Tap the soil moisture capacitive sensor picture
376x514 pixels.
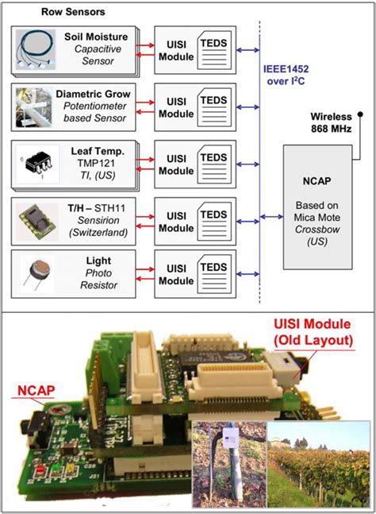pyautogui.click(x=36, y=50)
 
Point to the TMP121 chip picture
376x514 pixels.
pyautogui.click(x=37, y=161)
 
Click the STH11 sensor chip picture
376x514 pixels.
pyautogui.click(x=36, y=216)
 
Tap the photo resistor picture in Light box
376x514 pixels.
pyautogui.click(x=37, y=270)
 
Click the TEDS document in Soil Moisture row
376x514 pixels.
pyautogui.click(x=215, y=50)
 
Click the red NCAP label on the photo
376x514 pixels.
pyautogui.click(x=33, y=390)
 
